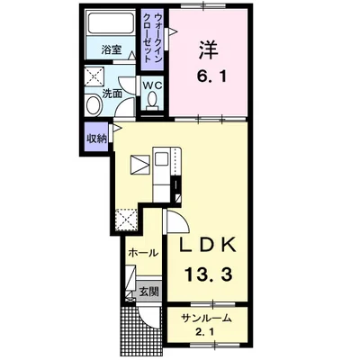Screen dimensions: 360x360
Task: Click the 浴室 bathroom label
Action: pyautogui.click(x=112, y=49)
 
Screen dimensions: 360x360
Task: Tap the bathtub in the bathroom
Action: pyautogui.click(x=111, y=22)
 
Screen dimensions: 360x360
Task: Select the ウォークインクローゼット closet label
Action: pyautogui.click(x=152, y=39)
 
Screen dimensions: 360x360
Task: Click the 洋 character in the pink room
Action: pyautogui.click(x=208, y=49)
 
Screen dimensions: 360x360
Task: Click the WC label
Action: pyautogui.click(x=152, y=85)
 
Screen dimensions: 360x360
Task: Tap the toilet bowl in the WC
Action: pyautogui.click(x=152, y=100)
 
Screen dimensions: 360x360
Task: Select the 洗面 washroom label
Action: pyautogui.click(x=112, y=94)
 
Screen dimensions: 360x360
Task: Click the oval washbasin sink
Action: pyautogui.click(x=94, y=104)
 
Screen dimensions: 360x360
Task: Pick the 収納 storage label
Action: pyautogui.click(x=96, y=139)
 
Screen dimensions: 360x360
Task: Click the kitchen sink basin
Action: pyautogui.click(x=162, y=158)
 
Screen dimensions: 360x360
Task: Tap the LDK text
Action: pyautogui.click(x=207, y=246)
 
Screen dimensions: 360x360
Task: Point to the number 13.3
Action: pyautogui.click(x=208, y=274)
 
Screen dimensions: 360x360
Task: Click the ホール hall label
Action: pyautogui.click(x=143, y=253)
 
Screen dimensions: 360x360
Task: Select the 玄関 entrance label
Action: pyautogui.click(x=149, y=291)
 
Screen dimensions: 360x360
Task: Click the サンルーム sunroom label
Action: pyautogui.click(x=207, y=318)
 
